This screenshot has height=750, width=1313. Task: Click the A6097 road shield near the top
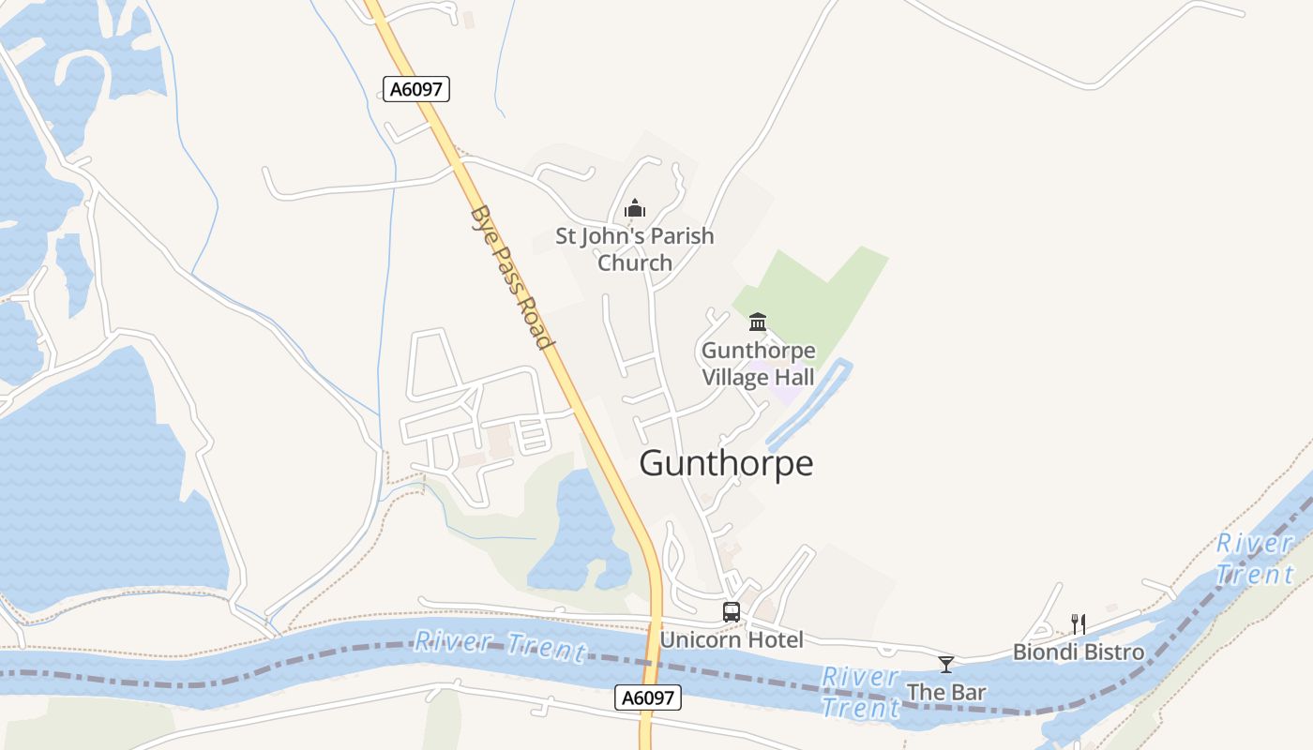tap(416, 89)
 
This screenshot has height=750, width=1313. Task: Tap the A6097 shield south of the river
tap(648, 697)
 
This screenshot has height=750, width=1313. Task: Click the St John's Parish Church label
tap(635, 249)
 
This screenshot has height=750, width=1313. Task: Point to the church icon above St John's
tap(635, 208)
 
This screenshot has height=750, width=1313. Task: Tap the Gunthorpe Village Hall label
tap(758, 365)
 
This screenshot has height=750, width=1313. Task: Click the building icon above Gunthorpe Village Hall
tap(758, 322)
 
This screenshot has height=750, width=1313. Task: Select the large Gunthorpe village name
tap(726, 463)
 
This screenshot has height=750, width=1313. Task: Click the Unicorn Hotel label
tap(732, 640)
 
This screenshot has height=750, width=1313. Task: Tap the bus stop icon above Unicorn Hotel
tap(732, 612)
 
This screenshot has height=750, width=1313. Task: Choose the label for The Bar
tap(945, 693)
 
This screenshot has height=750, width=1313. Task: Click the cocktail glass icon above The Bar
tap(945, 665)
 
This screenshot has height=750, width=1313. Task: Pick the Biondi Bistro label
tap(1079, 652)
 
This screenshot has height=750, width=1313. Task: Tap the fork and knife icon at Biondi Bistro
tap(1079, 623)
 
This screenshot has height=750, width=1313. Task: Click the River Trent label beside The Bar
tap(860, 692)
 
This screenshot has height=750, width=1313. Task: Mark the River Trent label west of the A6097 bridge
tap(500, 645)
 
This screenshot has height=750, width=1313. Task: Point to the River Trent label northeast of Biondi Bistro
tap(1255, 559)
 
